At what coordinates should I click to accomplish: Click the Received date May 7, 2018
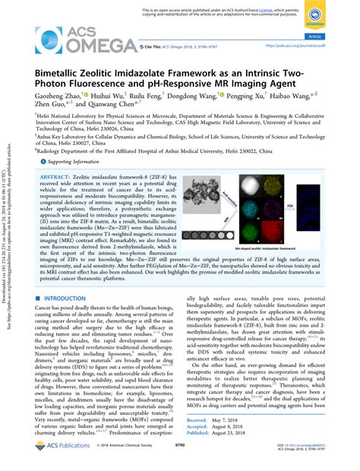pyautogui.click(x=232, y=419)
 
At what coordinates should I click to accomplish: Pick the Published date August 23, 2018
pyautogui.click(x=235, y=435)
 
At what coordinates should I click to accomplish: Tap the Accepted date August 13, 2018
pyautogui.click(x=235, y=427)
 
